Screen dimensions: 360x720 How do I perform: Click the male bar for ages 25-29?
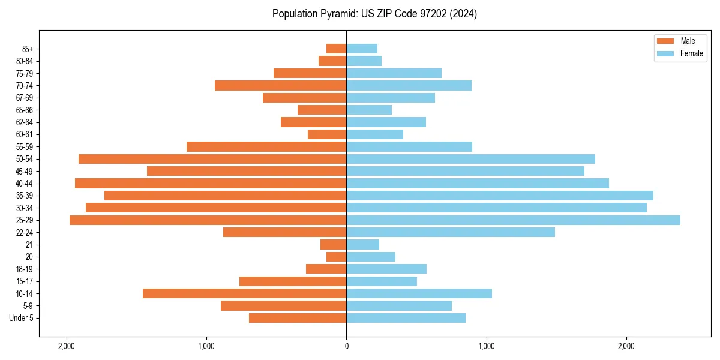pos(208,220)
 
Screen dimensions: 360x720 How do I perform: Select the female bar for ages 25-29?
pos(513,220)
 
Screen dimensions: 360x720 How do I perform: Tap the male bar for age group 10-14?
pos(244,293)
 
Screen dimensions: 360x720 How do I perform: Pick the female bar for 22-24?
pos(450,232)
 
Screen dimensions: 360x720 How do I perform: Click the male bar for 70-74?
pos(280,86)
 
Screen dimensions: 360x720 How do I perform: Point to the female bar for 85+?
pos(362,49)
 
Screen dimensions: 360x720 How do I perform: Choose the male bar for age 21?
pos(334,245)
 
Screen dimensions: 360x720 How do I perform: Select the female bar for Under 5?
pos(406,318)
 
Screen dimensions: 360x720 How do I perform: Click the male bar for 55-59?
pos(266,147)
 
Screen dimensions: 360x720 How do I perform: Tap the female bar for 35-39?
pos(499,196)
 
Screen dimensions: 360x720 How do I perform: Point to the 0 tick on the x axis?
pos(346,347)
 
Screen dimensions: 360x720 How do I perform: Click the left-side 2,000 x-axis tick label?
pos(66,347)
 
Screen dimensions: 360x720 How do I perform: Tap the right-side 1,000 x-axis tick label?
pos(486,347)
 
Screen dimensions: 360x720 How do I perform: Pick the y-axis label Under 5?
pos(21,318)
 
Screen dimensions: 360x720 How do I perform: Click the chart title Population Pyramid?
pos(374,14)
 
